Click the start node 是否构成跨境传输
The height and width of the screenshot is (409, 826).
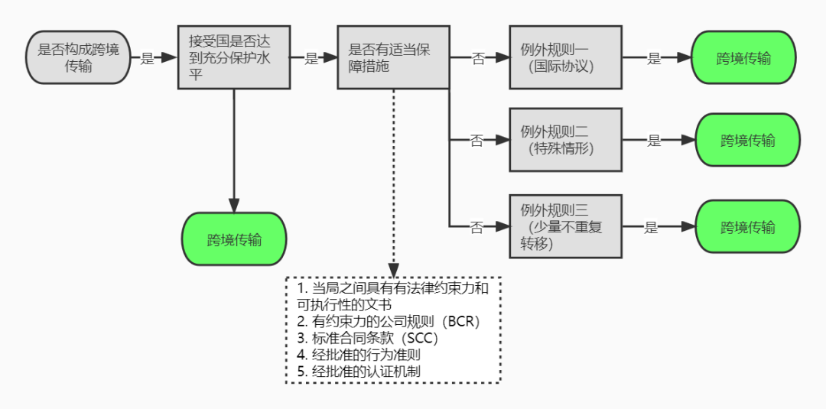(78, 58)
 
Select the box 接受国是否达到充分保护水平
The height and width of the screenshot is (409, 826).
(234, 58)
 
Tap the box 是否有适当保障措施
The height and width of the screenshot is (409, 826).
(393, 58)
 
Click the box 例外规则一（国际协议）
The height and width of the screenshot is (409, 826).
(566, 58)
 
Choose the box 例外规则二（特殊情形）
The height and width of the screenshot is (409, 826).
(566, 140)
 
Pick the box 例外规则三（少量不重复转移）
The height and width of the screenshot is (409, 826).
(566, 227)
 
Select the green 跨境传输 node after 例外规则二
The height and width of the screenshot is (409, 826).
(747, 141)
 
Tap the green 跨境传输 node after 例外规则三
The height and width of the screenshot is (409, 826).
(747, 228)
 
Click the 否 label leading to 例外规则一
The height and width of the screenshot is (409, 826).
(478, 59)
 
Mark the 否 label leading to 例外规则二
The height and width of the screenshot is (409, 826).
(476, 141)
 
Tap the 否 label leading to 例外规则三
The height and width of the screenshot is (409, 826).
(476, 228)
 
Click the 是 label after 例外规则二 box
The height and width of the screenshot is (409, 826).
(654, 141)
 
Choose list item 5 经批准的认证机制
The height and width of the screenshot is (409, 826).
(359, 372)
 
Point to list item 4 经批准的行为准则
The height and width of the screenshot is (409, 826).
(359, 355)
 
